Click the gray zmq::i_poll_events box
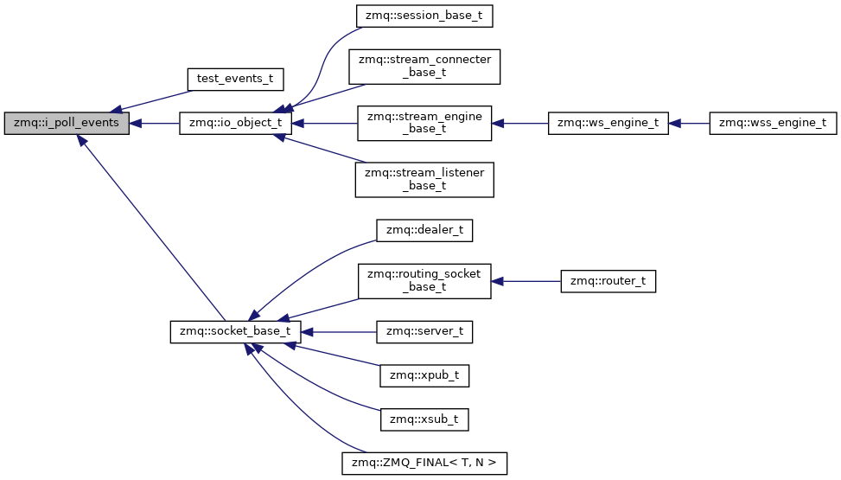pos(67,124)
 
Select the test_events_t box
pos(235,79)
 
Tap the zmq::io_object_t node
pos(235,124)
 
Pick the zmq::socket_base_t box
pos(235,332)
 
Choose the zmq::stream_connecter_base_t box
pos(424,66)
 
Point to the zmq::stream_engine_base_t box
pos(424,124)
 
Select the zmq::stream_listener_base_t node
pos(424,179)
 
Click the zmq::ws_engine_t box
pos(608,124)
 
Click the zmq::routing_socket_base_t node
pos(424,281)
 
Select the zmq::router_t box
pos(608,281)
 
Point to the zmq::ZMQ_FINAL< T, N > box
pos(424,464)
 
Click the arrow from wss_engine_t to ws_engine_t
pos(689,124)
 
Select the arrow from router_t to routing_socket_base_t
pos(526,281)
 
